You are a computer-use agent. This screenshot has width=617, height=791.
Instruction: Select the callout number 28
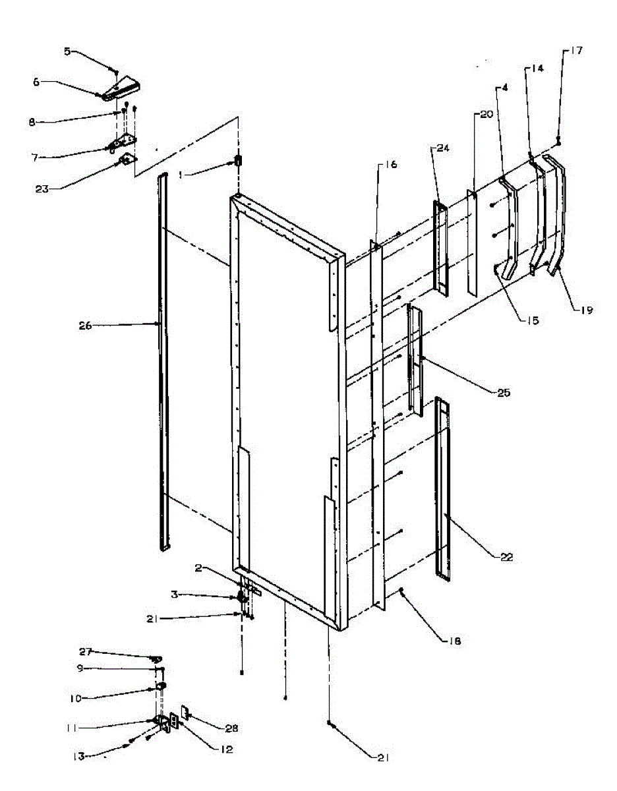coord(230,728)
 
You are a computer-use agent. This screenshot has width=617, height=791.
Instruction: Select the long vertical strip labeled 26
coord(163,363)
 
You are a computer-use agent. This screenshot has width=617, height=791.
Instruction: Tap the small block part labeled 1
coord(239,161)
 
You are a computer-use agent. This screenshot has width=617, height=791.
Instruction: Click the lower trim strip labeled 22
coord(442,488)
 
